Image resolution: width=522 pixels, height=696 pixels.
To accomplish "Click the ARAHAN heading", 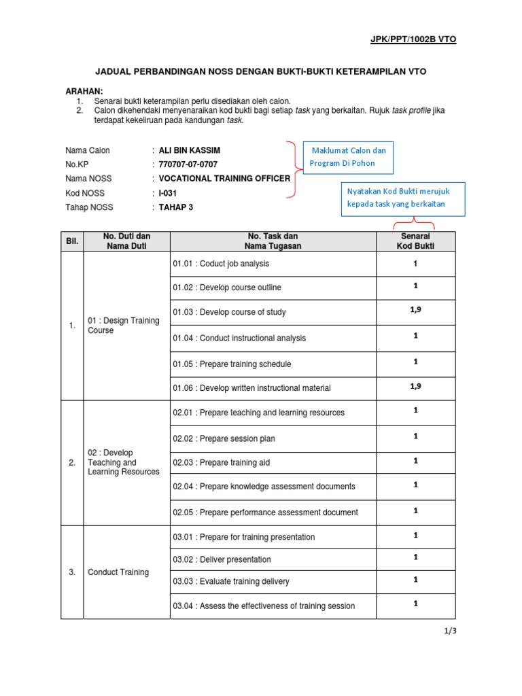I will click(84, 90).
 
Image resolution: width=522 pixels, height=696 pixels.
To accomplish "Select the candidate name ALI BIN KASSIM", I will click(189, 150).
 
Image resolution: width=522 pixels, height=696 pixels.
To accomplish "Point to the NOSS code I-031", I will click(169, 193).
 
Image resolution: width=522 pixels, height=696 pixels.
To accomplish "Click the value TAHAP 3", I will click(176, 207).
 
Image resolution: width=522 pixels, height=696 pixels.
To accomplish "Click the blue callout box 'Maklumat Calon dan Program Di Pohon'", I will click(348, 156).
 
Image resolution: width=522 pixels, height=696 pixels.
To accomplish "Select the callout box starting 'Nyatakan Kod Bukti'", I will click(402, 198).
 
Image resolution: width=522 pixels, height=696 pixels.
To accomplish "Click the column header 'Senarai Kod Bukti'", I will click(415, 241).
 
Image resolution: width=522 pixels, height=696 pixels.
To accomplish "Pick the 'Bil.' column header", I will click(72, 241).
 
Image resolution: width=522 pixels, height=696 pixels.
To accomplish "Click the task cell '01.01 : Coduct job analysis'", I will click(221, 264).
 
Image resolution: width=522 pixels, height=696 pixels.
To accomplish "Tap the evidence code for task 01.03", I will click(415, 309).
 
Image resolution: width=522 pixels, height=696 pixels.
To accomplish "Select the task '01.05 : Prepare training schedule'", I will click(232, 364).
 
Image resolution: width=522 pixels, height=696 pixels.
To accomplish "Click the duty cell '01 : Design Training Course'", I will click(123, 326).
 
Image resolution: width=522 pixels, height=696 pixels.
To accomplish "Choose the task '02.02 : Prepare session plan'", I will click(224, 438).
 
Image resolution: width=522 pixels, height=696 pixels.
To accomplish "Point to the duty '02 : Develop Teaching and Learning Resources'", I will click(123, 462).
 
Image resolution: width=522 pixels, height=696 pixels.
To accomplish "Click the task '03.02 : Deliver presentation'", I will click(222, 559).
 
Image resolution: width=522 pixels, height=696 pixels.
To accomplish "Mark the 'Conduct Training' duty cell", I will click(118, 572).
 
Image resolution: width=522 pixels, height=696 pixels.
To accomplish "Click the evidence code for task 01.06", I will click(415, 386).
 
